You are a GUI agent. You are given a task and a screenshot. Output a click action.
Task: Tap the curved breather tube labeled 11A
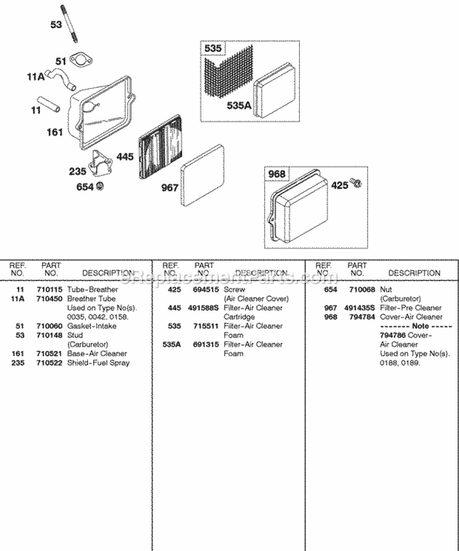pyautogui.click(x=62, y=77)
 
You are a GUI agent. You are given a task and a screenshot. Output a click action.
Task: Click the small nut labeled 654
pyautogui.click(x=100, y=186)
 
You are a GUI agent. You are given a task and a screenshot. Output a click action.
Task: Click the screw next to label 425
pyautogui.click(x=356, y=183)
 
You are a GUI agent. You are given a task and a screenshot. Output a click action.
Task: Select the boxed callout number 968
pyautogui.click(x=277, y=174)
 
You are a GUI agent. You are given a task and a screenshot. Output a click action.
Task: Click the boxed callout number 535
pyautogui.click(x=214, y=49)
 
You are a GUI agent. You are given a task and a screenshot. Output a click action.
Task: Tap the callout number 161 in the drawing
pyautogui.click(x=55, y=132)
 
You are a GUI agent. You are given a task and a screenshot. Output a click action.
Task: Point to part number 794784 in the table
pyautogui.click(x=357, y=317)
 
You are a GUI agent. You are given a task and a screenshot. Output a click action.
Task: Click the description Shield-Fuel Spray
pyautogui.click(x=97, y=362)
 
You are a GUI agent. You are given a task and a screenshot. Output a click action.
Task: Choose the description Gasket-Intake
pyautogui.click(x=91, y=326)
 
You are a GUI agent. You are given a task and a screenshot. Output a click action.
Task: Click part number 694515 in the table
pyautogui.click(x=204, y=289)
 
